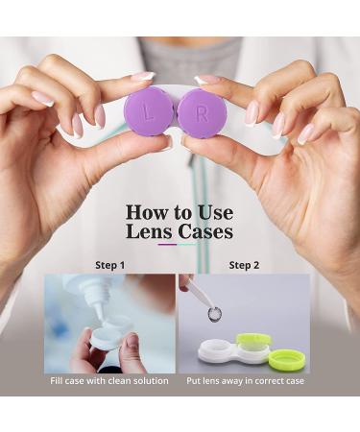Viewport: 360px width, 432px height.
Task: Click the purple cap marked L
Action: click(149, 112)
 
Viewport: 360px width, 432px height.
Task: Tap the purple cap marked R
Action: click(202, 113)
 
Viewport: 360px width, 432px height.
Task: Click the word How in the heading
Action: click(147, 210)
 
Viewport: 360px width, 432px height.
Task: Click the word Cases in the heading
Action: click(206, 231)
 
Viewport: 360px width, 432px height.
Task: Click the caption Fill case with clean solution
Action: click(110, 381)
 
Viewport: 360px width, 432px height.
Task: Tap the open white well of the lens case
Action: click(220, 348)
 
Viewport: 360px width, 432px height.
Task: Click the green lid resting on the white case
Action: click(253, 341)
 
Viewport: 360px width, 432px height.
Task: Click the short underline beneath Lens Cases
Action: click(180, 246)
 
